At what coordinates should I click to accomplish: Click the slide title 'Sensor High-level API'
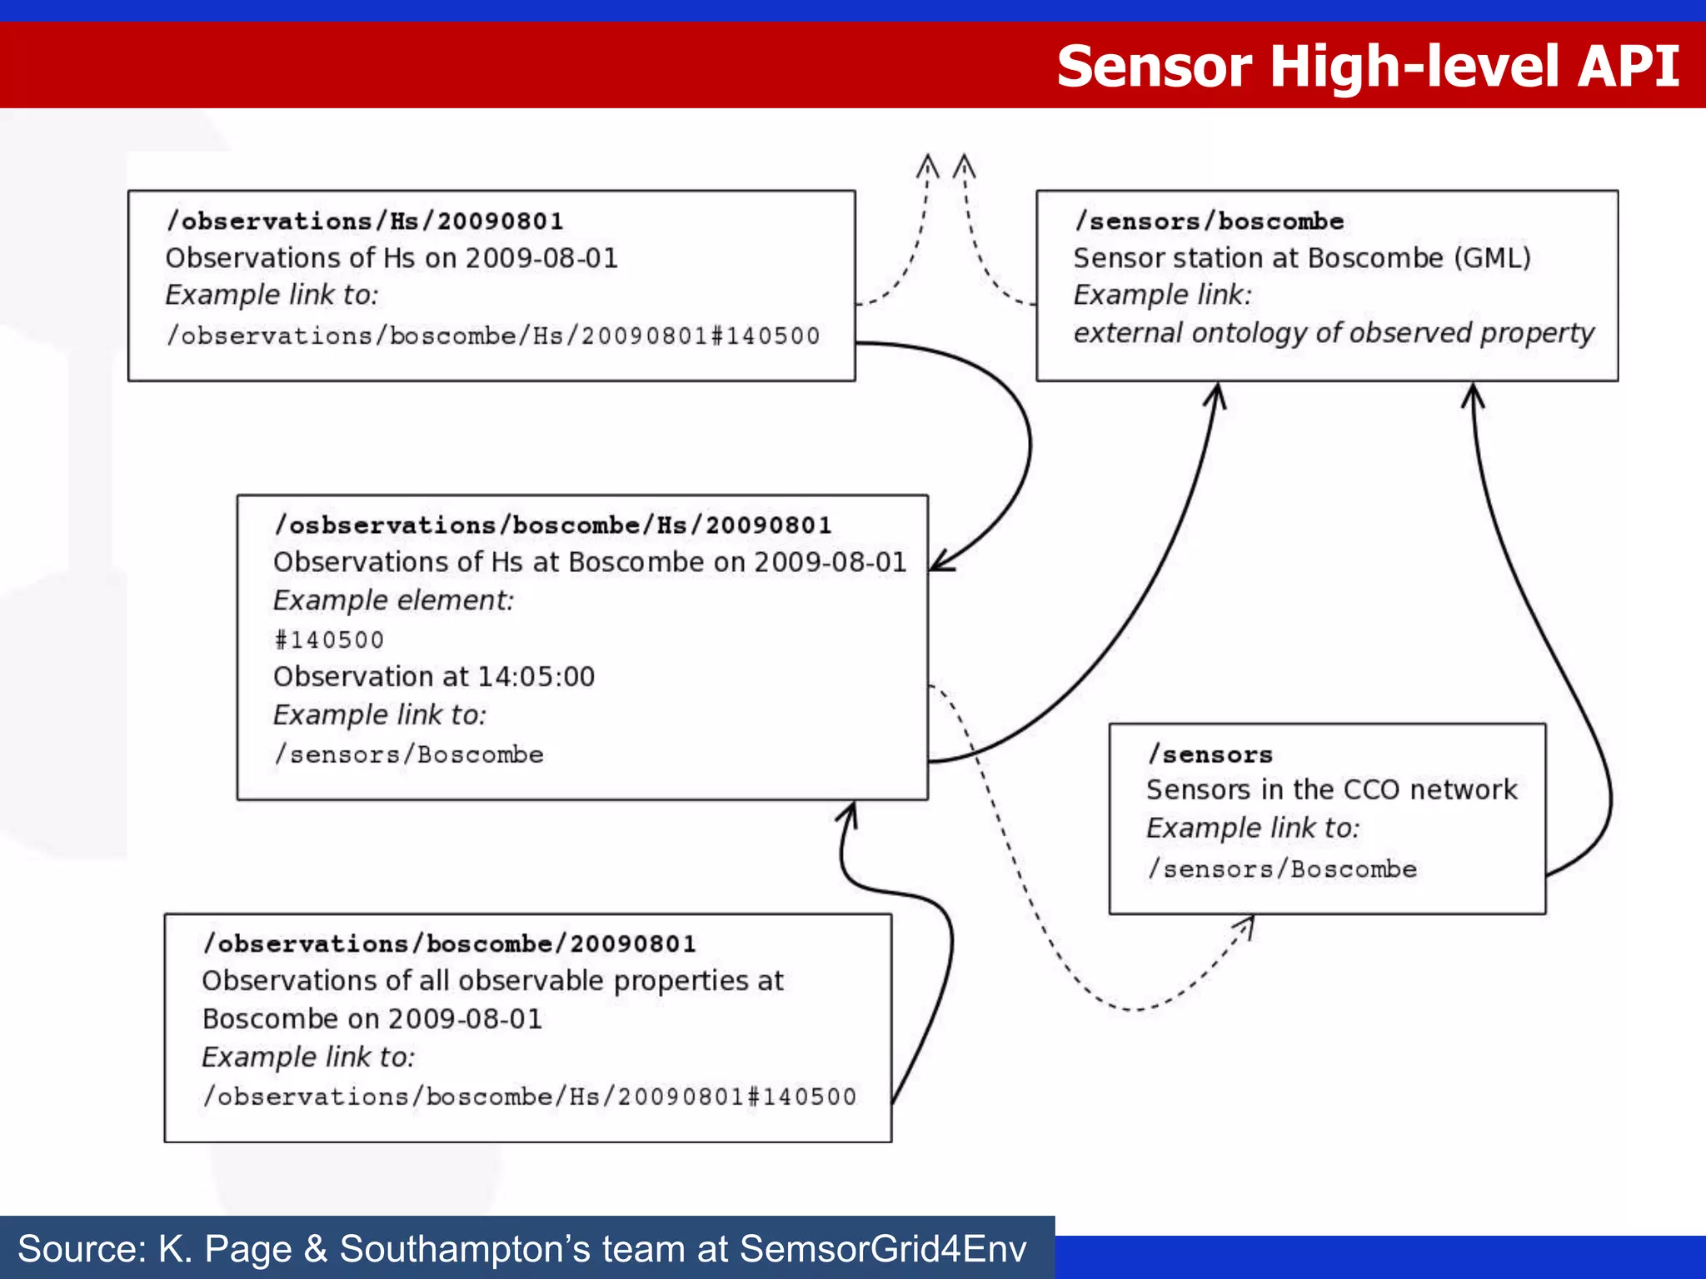(x=1367, y=67)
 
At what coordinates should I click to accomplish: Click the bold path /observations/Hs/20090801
(x=365, y=221)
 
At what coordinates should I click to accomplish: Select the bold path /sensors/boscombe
(x=1209, y=221)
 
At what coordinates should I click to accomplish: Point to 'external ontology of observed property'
(x=1333, y=333)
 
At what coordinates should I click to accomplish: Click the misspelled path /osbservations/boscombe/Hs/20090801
(x=553, y=525)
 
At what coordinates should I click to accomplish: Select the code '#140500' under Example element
(x=329, y=640)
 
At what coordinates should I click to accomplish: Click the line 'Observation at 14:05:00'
(x=434, y=677)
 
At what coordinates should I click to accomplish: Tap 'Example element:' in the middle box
(x=393, y=600)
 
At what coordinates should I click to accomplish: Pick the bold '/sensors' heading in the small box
(x=1210, y=755)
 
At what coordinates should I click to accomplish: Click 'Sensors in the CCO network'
(x=1331, y=790)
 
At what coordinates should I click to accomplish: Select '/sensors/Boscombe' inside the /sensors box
(x=1282, y=869)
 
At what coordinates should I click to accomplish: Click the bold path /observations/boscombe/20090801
(x=449, y=944)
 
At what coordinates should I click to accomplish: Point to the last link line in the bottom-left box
(x=530, y=1097)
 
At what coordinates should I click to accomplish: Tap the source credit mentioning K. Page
(x=521, y=1249)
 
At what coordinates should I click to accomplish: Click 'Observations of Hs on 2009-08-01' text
(x=392, y=258)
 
